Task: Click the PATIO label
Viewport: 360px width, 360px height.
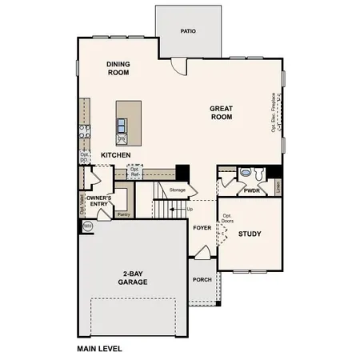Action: tap(188, 32)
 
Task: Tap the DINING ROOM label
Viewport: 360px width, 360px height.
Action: tap(118, 68)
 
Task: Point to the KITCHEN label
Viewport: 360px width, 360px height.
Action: tap(116, 154)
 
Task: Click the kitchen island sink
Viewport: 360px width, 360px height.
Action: tap(122, 125)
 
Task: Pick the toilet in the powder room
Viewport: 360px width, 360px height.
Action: tap(246, 173)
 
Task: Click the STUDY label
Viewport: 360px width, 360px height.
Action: tap(250, 234)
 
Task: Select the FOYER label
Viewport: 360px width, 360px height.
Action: tap(202, 228)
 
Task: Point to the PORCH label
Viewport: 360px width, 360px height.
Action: tap(202, 280)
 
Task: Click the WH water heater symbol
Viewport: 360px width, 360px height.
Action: tap(87, 226)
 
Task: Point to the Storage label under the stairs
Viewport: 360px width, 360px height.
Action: tap(177, 190)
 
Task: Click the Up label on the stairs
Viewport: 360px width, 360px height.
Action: tap(190, 210)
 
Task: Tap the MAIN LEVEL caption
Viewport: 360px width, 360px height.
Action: tap(101, 349)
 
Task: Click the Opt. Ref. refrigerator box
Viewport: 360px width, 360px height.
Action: tap(134, 172)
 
